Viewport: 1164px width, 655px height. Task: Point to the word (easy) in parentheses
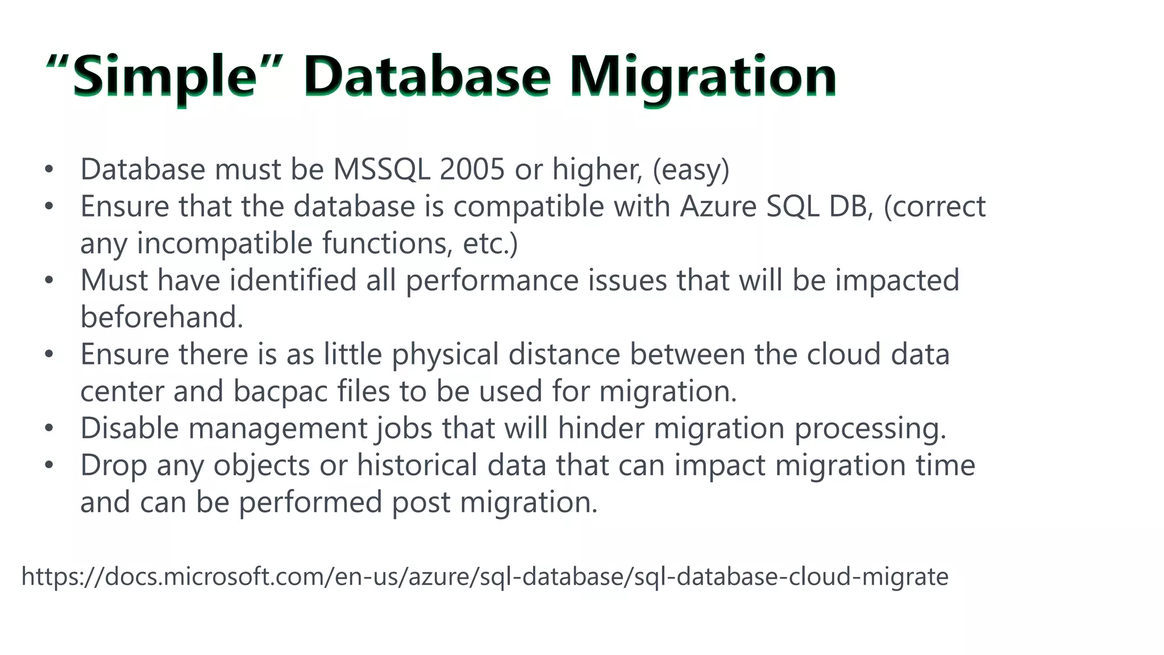click(x=691, y=169)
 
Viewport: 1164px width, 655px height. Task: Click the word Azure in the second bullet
click(x=718, y=206)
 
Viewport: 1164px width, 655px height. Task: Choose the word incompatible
click(x=225, y=243)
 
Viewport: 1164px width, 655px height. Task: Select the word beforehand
click(x=161, y=317)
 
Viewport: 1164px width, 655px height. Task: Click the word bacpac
click(x=280, y=391)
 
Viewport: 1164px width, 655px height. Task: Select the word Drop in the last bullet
click(x=114, y=465)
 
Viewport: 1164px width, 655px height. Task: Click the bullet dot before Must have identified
click(x=49, y=280)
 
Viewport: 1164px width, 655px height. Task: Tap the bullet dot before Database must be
click(x=49, y=169)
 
